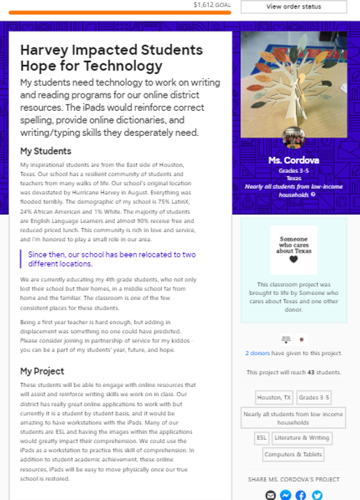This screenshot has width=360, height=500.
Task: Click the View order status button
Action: tap(293, 7)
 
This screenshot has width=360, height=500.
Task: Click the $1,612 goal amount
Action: tap(212, 4)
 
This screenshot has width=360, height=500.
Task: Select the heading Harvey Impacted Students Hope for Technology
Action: tap(112, 58)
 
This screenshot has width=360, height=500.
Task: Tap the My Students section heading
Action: tap(45, 151)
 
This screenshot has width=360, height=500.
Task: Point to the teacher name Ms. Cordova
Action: tap(294, 160)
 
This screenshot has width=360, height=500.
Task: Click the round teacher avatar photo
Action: tap(294, 138)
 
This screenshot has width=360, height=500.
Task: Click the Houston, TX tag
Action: tap(274, 397)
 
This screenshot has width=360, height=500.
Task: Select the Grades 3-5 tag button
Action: tap(314, 397)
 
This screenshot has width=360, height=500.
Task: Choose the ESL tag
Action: tap(262, 438)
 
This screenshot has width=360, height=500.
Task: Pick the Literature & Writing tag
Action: tap(302, 438)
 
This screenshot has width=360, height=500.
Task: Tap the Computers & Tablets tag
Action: tap(293, 454)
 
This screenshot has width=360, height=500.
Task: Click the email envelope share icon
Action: tap(271, 495)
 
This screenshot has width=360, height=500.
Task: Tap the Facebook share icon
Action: tap(301, 495)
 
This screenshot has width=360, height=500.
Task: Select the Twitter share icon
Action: tap(317, 495)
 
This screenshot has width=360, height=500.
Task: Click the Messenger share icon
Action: tap(285, 495)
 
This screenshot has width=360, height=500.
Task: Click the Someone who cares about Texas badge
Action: tap(294, 249)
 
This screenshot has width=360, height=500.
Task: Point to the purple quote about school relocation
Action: tap(112, 259)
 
